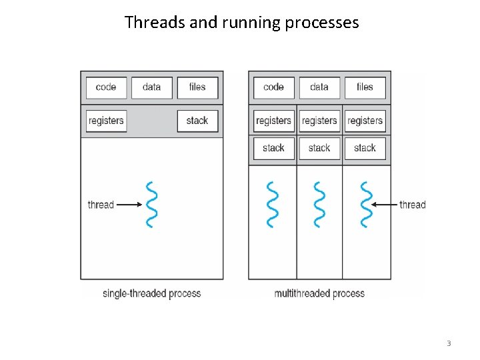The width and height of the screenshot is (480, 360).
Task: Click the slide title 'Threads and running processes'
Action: (241, 22)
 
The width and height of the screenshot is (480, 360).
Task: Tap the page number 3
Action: (449, 343)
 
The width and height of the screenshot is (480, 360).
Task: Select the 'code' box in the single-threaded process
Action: (106, 87)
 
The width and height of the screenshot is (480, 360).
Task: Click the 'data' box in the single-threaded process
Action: (151, 87)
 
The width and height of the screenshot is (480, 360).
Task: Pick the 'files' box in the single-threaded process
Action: (197, 87)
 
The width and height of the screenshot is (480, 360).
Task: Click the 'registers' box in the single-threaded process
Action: (106, 121)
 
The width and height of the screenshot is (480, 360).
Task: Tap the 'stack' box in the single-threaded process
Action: (197, 121)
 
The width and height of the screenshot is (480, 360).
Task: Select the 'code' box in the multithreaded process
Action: (273, 87)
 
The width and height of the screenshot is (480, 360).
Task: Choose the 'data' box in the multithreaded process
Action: (319, 87)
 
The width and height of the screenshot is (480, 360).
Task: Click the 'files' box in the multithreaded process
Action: (365, 87)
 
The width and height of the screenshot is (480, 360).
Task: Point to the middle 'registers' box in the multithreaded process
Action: (319, 121)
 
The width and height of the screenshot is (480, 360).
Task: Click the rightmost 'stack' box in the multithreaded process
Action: (365, 148)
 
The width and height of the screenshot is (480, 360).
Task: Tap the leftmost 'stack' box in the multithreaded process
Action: (273, 148)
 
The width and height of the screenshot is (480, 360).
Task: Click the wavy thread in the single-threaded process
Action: (152, 204)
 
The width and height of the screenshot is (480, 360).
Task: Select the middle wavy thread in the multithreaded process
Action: (319, 204)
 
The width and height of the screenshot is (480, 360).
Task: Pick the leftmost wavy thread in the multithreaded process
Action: (273, 204)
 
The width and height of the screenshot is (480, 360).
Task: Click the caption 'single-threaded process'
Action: (151, 293)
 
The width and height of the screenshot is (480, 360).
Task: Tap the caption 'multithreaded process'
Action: (319, 293)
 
